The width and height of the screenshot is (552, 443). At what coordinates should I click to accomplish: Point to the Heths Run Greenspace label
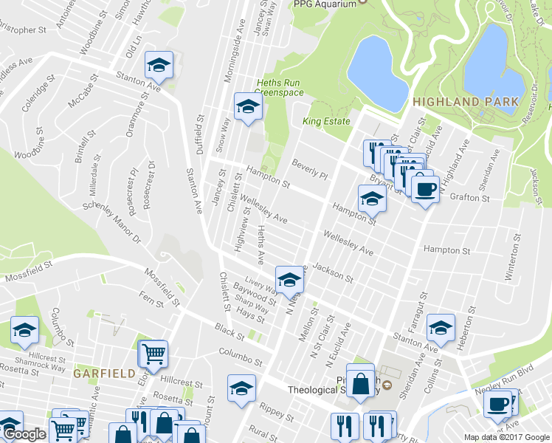pyautogui.click(x=279, y=87)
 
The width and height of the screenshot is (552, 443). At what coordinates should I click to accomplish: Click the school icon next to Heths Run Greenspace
pyautogui.click(x=249, y=108)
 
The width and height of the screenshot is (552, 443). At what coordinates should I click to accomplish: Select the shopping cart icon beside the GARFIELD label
pyautogui.click(x=154, y=354)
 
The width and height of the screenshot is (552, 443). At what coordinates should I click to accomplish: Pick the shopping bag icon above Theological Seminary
pyautogui.click(x=359, y=383)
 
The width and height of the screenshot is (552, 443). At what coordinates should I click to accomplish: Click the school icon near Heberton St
pyautogui.click(x=441, y=329)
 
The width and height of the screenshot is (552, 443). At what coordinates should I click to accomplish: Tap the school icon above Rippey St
pyautogui.click(x=241, y=388)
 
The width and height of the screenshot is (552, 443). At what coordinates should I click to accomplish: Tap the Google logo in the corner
pyautogui.click(x=24, y=435)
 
